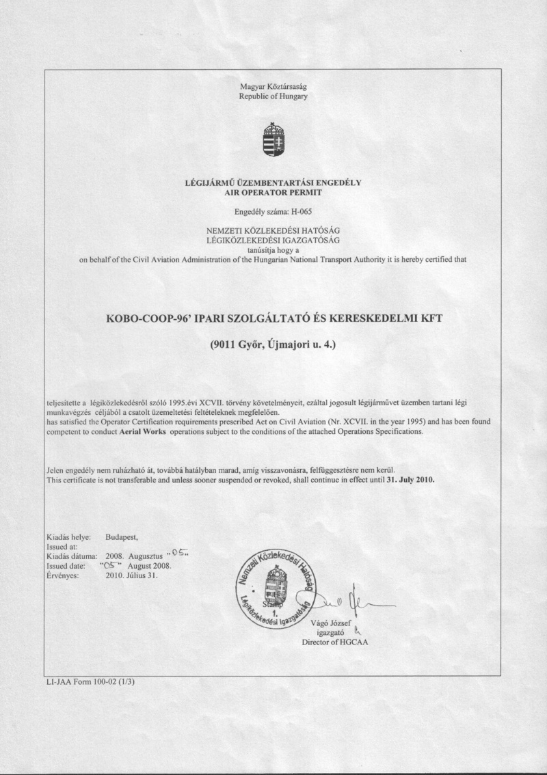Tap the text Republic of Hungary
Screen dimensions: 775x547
pyautogui.click(x=273, y=96)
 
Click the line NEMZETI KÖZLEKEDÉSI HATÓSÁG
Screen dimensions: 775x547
pyautogui.click(x=273, y=230)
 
